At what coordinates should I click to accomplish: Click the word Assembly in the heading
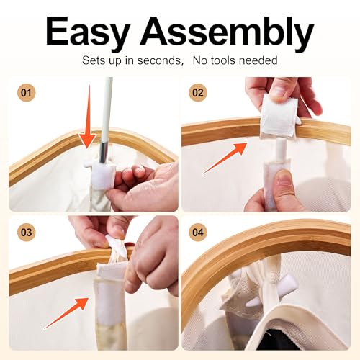click(x=228, y=33)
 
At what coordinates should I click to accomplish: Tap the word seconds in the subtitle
click(x=160, y=60)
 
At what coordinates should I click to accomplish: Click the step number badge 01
click(x=27, y=93)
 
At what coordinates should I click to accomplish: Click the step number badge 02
click(x=198, y=93)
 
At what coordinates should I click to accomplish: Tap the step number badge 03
click(x=27, y=233)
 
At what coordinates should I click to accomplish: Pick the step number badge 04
click(x=198, y=233)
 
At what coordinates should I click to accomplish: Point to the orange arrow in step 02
click(x=225, y=158)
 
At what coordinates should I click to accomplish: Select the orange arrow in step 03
click(x=66, y=313)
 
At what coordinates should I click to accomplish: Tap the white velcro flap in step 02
click(x=279, y=114)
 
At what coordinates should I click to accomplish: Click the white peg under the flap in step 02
click(x=280, y=150)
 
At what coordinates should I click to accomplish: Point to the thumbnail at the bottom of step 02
click(x=286, y=179)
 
